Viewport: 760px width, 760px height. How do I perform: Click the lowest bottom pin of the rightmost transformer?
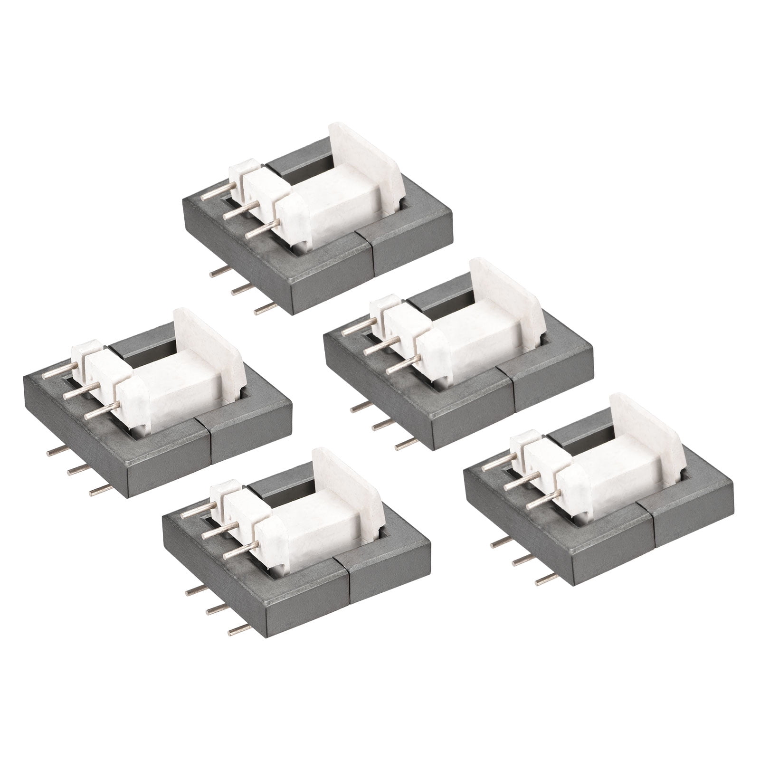point(546,579)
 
